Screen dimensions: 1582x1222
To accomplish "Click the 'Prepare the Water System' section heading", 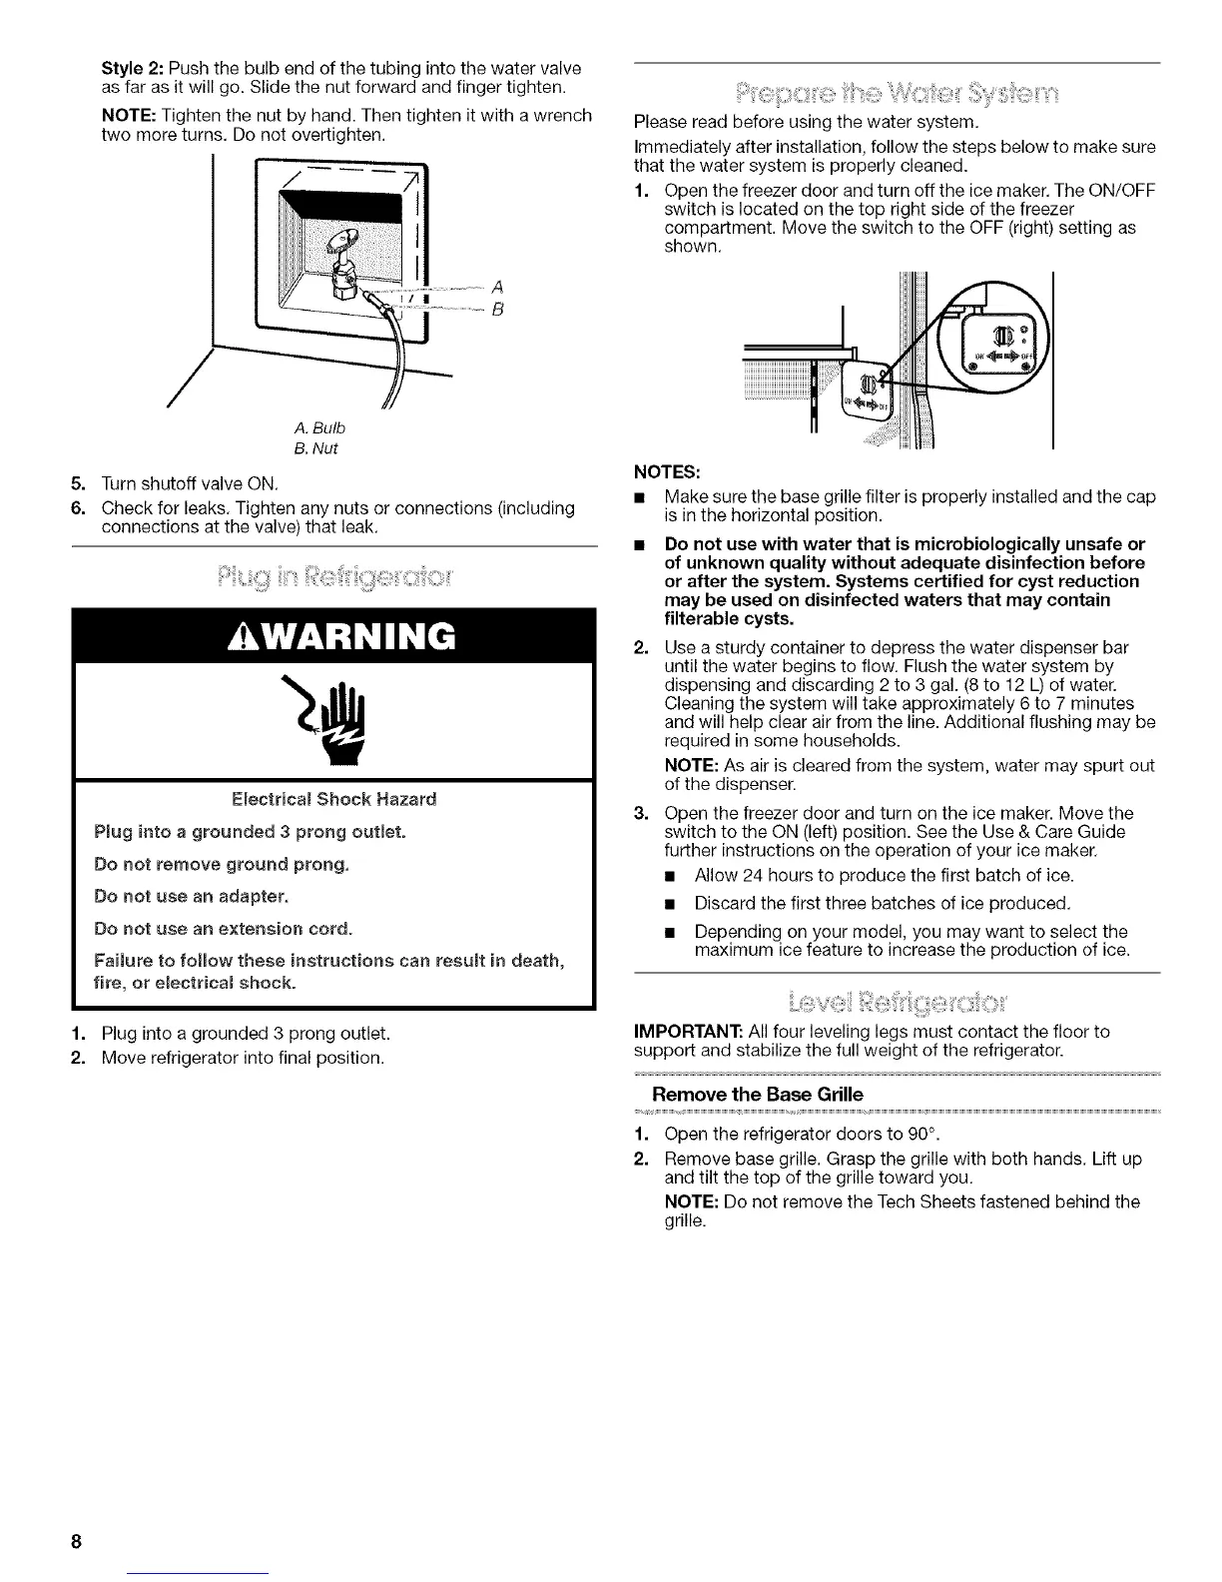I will [x=898, y=95].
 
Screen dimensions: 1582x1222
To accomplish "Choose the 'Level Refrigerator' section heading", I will [x=898, y=1001].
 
